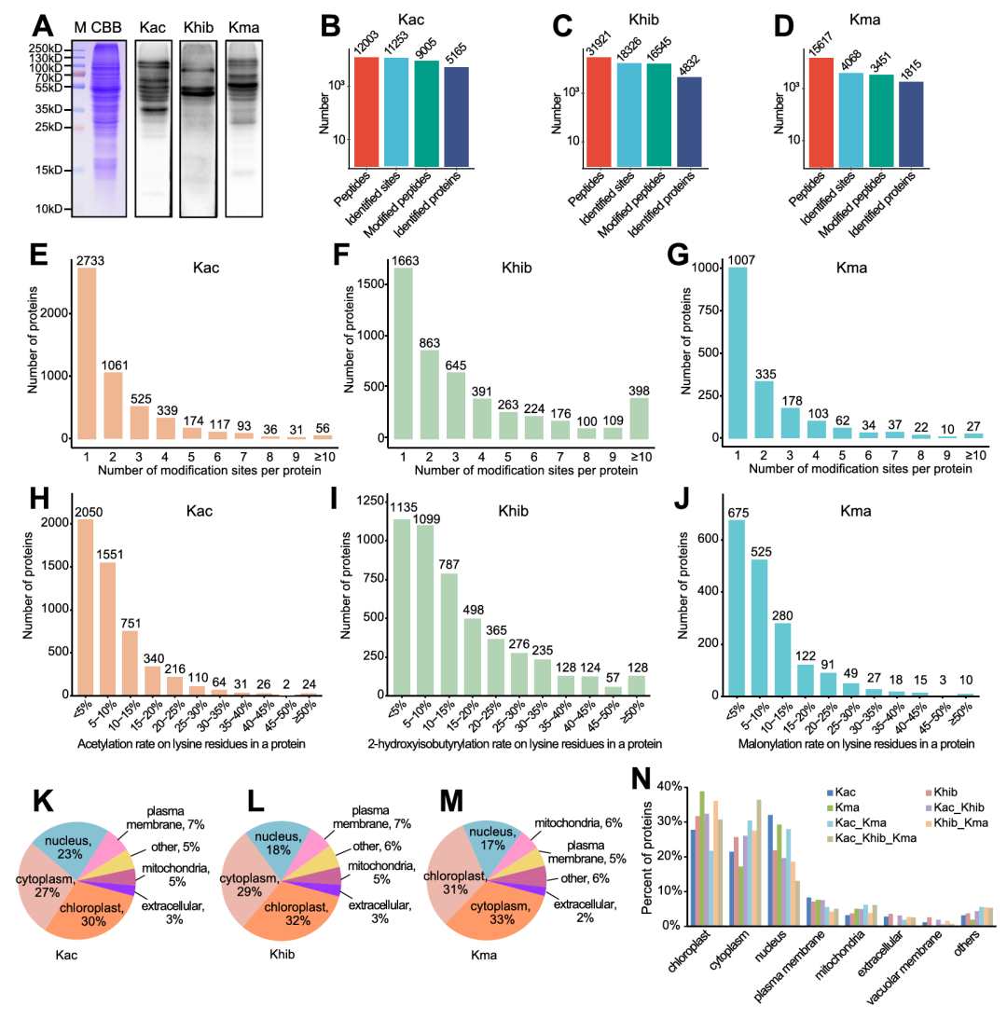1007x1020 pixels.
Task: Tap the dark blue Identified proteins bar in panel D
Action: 911,125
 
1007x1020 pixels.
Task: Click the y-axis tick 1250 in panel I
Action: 364,502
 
